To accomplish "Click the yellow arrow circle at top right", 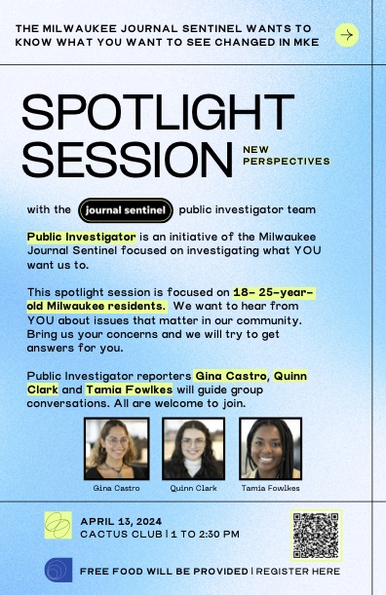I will pyautogui.click(x=346, y=35).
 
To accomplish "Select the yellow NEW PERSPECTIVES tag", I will pyautogui.click(x=287, y=156).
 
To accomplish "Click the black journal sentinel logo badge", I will pyautogui.click(x=126, y=209).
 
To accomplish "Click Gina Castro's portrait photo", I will pyautogui.click(x=116, y=447).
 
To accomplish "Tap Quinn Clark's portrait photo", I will pyautogui.click(x=193, y=447).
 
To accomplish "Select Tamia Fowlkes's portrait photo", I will pyautogui.click(x=270, y=447).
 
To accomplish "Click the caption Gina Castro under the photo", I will pyautogui.click(x=116, y=487).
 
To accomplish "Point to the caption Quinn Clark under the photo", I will pyautogui.click(x=193, y=487).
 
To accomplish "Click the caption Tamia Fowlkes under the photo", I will pyautogui.click(x=270, y=487).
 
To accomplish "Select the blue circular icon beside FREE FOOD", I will pyautogui.click(x=58, y=570).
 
